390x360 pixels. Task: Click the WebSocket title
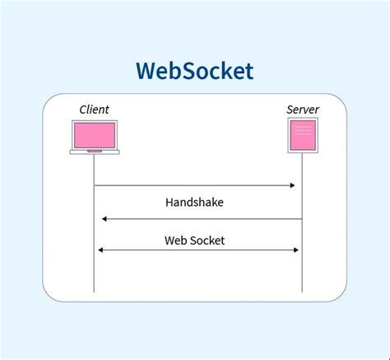pos(195,71)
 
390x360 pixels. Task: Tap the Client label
pos(94,110)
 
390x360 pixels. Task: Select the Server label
pos(302,110)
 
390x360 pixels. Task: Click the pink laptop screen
pos(94,134)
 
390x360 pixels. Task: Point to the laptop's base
pos(94,151)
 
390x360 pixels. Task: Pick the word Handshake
pos(194,202)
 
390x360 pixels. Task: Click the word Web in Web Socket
pos(176,240)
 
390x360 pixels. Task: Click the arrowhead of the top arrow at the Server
pos(292,185)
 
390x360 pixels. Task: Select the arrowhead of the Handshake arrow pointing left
pos(104,219)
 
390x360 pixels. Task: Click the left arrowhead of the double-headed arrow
pos(100,250)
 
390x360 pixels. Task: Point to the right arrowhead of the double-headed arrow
pos(295,250)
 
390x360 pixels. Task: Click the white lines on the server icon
pos(301,129)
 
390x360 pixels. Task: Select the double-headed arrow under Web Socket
pos(197,250)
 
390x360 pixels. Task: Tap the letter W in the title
pos(147,71)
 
